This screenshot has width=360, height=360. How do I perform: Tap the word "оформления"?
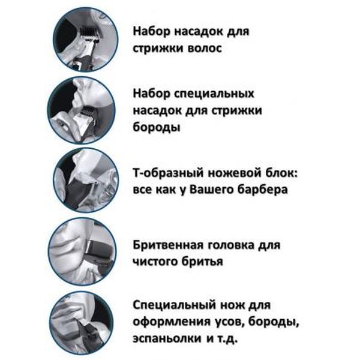172,322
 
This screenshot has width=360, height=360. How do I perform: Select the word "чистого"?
155,262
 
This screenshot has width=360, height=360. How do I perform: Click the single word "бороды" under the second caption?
157,127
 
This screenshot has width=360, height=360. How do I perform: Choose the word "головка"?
231,245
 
